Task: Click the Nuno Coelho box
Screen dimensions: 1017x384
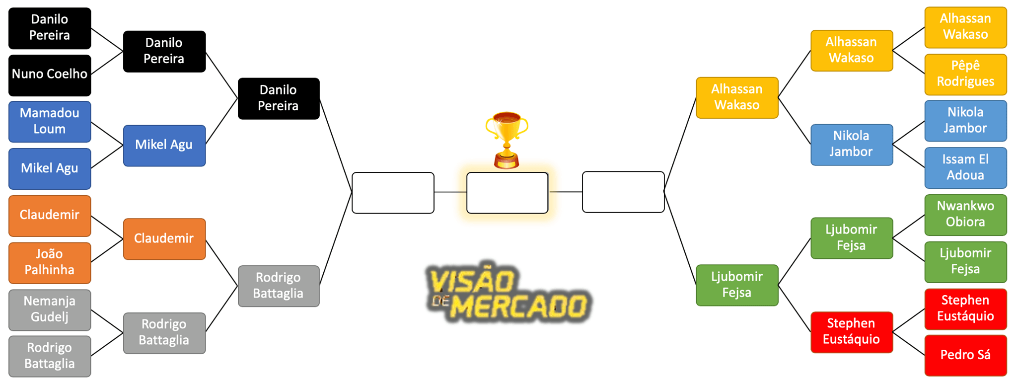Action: (50, 76)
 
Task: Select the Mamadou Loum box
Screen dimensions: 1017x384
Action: (50, 122)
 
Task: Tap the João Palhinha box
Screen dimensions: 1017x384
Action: (50, 263)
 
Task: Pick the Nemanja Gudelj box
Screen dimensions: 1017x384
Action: (50, 310)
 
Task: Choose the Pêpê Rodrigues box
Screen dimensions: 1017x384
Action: (965, 75)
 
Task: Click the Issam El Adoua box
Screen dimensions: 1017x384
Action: (965, 168)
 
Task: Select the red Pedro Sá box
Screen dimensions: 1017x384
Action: (965, 356)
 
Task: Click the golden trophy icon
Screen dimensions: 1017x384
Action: (507, 140)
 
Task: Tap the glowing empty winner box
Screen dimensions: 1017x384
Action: (508, 193)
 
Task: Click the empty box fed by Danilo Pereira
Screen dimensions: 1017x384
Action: (393, 193)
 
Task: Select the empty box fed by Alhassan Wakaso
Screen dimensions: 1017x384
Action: (623, 192)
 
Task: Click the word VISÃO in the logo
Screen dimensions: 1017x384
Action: (471, 281)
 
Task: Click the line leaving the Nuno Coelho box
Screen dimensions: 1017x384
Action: (107, 63)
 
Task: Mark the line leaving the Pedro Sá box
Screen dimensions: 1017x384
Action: (909, 344)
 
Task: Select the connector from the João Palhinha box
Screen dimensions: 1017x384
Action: (107, 251)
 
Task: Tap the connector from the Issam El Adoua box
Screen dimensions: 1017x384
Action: (909, 156)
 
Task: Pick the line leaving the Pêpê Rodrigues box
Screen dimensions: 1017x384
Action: (909, 63)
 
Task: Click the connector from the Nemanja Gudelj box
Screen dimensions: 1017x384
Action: (107, 321)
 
